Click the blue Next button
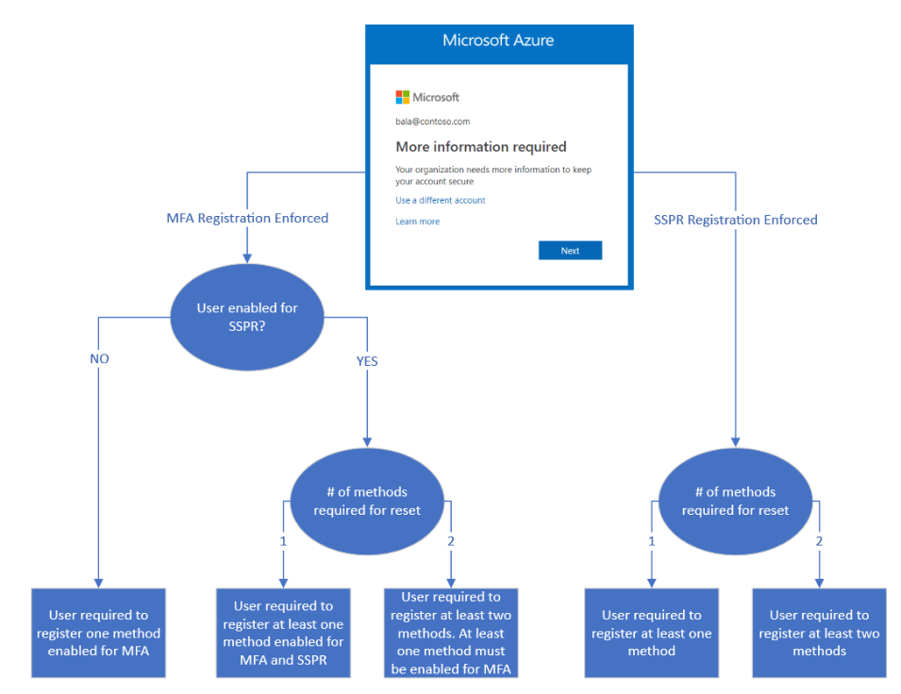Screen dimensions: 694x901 point(570,251)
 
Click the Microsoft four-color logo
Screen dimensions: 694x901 point(403,97)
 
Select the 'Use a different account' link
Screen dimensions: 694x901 point(440,201)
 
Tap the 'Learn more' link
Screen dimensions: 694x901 point(417,222)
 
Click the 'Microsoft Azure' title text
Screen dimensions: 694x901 point(498,41)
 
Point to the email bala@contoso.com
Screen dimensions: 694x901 point(432,122)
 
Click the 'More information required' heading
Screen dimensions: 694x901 point(480,147)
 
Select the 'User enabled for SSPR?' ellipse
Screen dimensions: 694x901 point(247,317)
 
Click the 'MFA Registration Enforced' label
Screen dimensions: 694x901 point(247,218)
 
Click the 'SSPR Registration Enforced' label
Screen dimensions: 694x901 point(735,220)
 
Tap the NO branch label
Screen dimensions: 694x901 point(99,359)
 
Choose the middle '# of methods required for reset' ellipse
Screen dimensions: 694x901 point(367,501)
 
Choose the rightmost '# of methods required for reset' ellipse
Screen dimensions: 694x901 point(734,501)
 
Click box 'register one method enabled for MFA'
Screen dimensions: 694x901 point(98,633)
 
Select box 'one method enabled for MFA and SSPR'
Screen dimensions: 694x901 point(283,633)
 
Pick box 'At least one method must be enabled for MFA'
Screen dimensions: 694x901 point(451,633)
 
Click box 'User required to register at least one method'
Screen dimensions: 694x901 point(651,633)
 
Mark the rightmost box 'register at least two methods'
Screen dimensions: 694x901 point(819,633)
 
